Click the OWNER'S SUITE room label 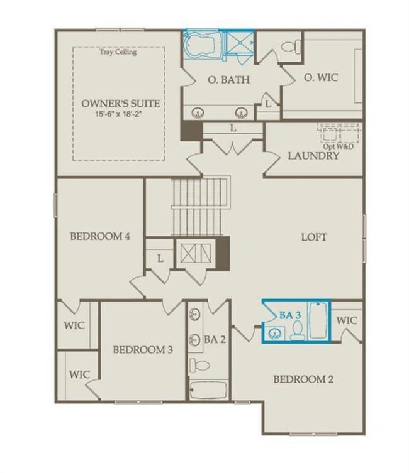(120, 104)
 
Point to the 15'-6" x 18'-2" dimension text (120, 115)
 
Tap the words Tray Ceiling (118, 52)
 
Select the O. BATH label (228, 80)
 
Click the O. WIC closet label (321, 77)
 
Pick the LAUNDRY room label (313, 155)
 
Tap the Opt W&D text (339, 146)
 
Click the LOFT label (314, 237)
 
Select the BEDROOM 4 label (99, 237)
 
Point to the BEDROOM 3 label (143, 350)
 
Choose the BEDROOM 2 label (303, 379)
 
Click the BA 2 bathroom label (215, 339)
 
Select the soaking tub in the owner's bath (203, 45)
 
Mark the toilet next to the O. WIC (291, 46)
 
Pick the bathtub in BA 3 (320, 321)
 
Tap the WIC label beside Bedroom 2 (347, 320)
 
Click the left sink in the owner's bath (198, 113)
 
